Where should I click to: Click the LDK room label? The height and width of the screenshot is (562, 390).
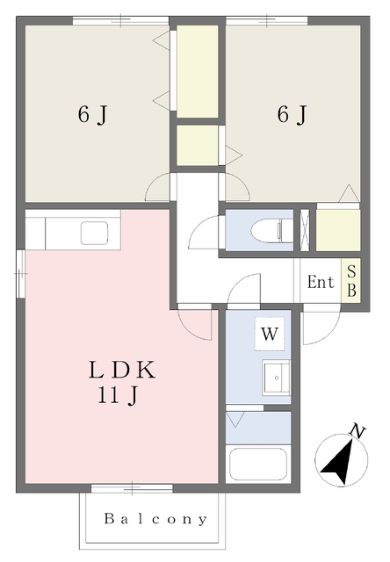[x=122, y=370]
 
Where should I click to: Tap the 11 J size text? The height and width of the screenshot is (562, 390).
[x=118, y=396]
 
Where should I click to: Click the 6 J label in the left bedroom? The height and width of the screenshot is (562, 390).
[x=92, y=115]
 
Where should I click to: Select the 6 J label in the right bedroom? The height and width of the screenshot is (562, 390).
[x=292, y=114]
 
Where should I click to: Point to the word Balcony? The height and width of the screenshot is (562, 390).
[x=155, y=519]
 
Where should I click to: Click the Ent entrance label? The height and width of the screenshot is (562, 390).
[x=321, y=282]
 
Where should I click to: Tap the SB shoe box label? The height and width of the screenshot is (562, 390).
[x=351, y=281]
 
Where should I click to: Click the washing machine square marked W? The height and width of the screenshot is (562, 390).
[x=270, y=334]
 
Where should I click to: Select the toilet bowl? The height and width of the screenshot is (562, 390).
[x=271, y=230]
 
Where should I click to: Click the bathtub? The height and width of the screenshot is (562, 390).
[x=258, y=465]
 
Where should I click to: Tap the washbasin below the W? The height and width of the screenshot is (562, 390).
[x=276, y=378]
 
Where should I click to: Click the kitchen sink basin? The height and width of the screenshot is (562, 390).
[x=95, y=233]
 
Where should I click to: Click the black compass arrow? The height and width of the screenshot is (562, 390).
[x=339, y=463]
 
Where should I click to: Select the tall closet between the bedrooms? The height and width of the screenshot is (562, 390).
[x=198, y=71]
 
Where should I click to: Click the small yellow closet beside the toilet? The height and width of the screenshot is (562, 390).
[x=338, y=230]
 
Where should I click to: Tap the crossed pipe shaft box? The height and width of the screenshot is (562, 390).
[x=305, y=230]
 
